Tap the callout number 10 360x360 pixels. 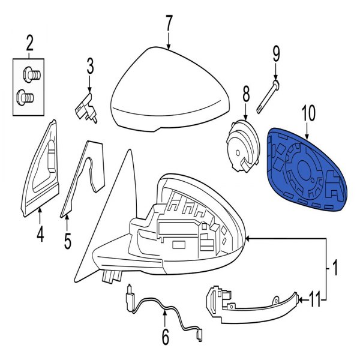coord(307,112)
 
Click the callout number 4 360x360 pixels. coord(40,235)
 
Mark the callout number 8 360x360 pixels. coord(245,94)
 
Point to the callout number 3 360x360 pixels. coord(89,65)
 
